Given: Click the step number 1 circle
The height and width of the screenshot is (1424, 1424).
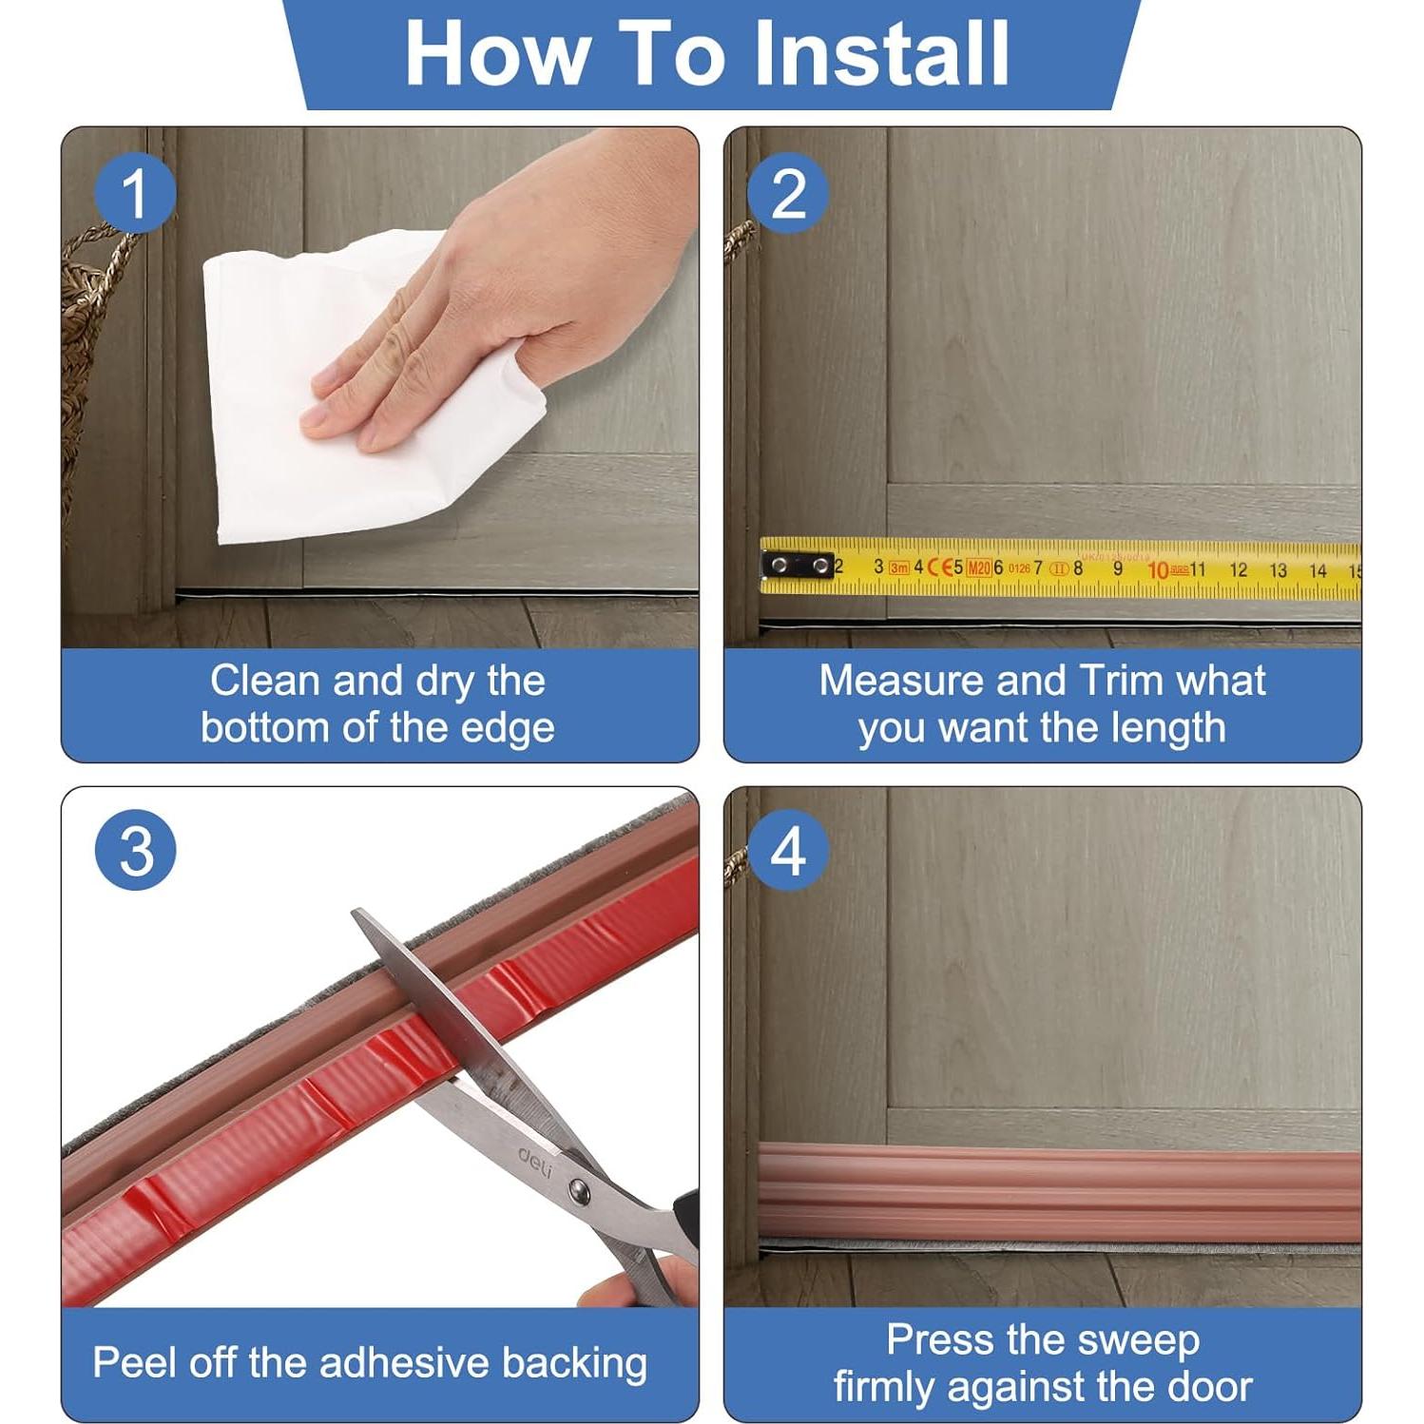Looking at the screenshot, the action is point(135,193).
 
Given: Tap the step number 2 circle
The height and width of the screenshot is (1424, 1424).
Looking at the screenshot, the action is point(788,193).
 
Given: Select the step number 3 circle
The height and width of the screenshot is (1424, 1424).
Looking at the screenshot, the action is point(135,850).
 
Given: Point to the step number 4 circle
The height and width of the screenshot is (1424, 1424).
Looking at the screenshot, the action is point(788,850).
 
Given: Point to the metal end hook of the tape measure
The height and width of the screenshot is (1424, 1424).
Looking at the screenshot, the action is point(797,567).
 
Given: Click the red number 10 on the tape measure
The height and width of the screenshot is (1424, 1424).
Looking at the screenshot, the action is point(1158,570).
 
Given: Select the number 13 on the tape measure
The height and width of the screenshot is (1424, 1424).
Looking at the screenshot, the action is point(1278,570).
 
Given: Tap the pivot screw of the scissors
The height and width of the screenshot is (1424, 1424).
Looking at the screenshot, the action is point(577,1188).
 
